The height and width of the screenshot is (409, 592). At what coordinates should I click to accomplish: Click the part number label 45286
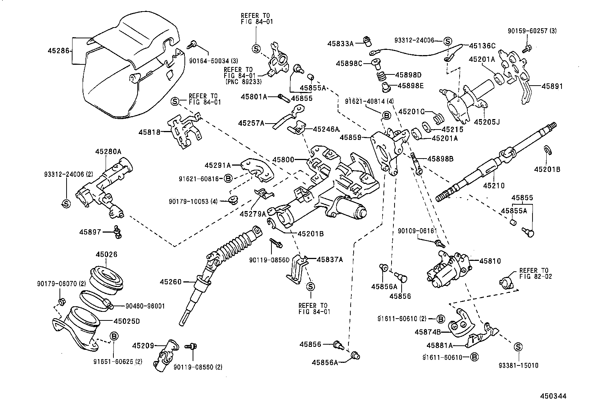[x=59, y=50]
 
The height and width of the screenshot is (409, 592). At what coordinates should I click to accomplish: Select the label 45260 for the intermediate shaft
[x=171, y=282]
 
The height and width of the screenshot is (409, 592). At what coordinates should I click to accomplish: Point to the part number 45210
[x=494, y=185]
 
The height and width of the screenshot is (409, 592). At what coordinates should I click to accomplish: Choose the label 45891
[x=552, y=86]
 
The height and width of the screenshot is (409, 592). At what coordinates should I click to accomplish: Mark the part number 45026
[x=106, y=255]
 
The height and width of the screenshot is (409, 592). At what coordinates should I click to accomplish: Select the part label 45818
[x=149, y=132]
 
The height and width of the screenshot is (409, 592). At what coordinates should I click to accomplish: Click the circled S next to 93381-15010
[x=518, y=347]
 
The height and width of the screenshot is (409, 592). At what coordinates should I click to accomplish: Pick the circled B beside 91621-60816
[x=228, y=179]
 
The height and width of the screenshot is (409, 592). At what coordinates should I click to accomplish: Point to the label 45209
[x=143, y=346]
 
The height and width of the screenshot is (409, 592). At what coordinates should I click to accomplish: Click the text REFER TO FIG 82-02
[x=535, y=274]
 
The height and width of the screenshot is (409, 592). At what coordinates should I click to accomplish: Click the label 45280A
[x=108, y=151]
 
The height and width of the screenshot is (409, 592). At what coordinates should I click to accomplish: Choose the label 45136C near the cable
[x=482, y=46]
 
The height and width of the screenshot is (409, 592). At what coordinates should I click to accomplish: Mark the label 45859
[x=350, y=137]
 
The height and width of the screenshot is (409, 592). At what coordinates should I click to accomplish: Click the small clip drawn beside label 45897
[x=118, y=232]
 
